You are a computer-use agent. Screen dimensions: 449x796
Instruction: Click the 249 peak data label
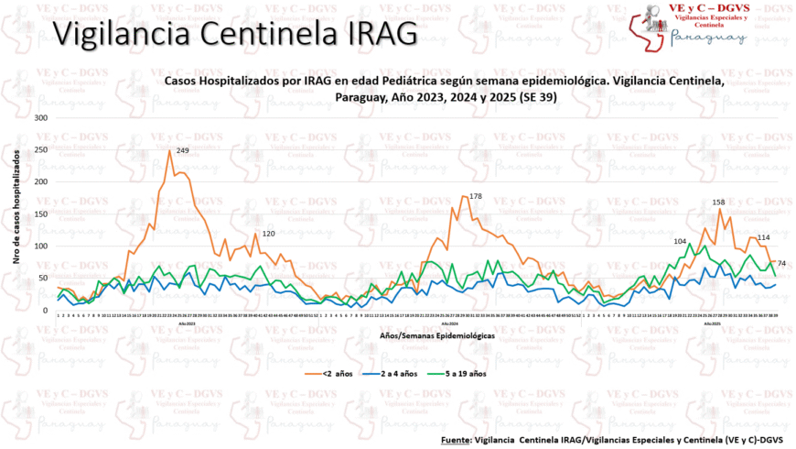coord(182,150)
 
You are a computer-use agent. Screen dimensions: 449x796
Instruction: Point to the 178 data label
coord(475,196)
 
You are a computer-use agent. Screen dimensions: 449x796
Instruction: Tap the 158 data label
coord(718,202)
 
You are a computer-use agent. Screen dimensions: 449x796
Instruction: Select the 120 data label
coord(269,234)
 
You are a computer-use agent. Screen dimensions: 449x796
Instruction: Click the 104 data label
coord(680,241)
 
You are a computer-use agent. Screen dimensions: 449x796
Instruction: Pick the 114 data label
coord(763,237)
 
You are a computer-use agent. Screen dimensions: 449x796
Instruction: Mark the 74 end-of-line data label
coord(782,264)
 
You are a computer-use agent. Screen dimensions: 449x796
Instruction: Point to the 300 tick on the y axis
coord(39,117)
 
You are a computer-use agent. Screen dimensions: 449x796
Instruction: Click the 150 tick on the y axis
coord(39,214)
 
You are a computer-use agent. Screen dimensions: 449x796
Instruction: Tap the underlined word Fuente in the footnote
coord(455,440)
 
